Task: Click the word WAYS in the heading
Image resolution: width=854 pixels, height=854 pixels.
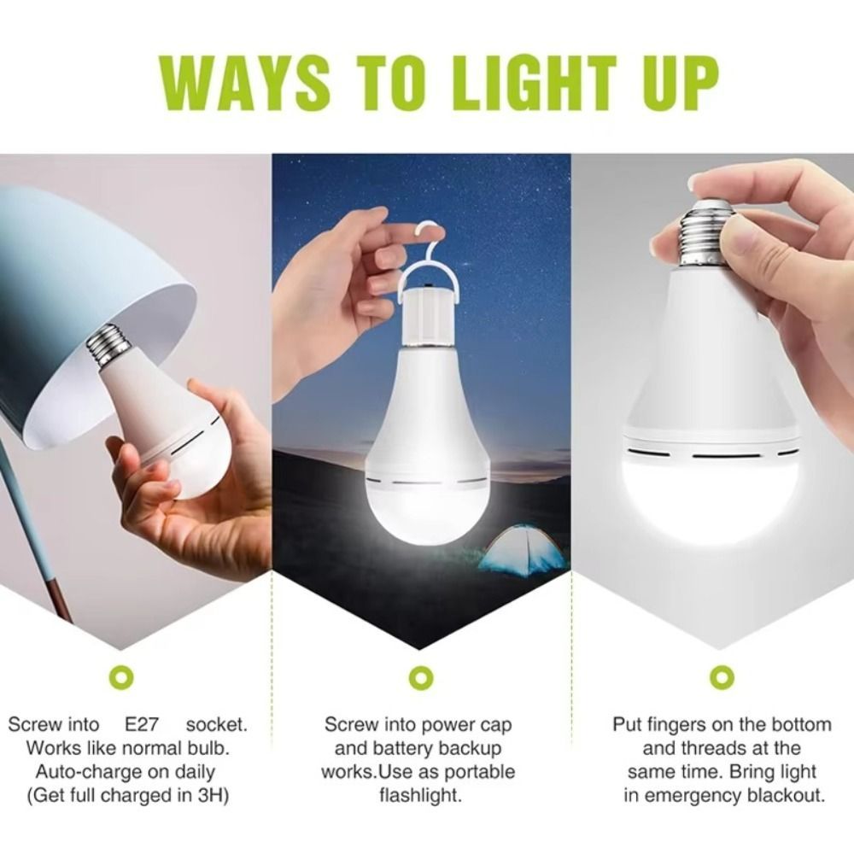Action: (244, 82)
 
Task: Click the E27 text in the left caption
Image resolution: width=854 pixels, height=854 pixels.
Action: (142, 725)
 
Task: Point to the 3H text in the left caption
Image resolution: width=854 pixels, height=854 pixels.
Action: (211, 796)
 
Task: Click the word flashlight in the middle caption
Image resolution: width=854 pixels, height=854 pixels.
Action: (420, 796)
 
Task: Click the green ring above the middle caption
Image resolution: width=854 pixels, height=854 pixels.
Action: (421, 676)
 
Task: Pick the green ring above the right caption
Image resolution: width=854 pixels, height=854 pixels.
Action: (722, 676)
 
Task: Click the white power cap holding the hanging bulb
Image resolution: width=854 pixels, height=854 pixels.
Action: (430, 319)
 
